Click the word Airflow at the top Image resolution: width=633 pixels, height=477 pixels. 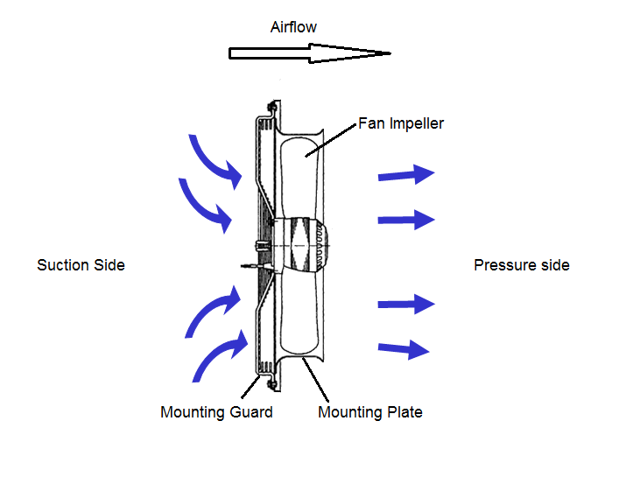pyautogui.click(x=293, y=27)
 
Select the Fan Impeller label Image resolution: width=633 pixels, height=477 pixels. pyautogui.click(x=401, y=123)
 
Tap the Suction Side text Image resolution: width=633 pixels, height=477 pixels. pyautogui.click(x=81, y=264)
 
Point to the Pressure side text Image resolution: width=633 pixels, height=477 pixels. pyautogui.click(x=521, y=264)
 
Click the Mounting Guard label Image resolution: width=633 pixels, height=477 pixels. pyautogui.click(x=216, y=411)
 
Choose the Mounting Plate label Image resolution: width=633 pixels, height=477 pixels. pyautogui.click(x=369, y=411)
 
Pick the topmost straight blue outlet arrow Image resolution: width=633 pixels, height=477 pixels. pyautogui.click(x=406, y=174)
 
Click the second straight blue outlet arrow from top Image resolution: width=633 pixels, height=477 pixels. pyautogui.click(x=406, y=218)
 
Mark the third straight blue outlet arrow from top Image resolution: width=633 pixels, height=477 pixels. pyautogui.click(x=406, y=305)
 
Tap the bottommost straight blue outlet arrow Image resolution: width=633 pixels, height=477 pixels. pyautogui.click(x=404, y=349)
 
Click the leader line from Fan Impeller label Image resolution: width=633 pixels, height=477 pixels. pyautogui.click(x=333, y=140)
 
